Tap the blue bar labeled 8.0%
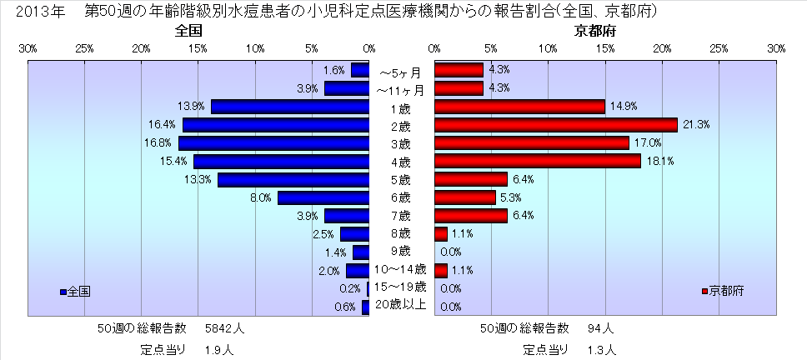[323, 198]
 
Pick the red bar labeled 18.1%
[538, 162]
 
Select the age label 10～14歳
[401, 269]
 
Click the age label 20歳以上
[401, 305]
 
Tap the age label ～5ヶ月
[401, 70]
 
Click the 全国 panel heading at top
[189, 32]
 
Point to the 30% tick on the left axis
[27, 49]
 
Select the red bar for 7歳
[470, 217]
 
